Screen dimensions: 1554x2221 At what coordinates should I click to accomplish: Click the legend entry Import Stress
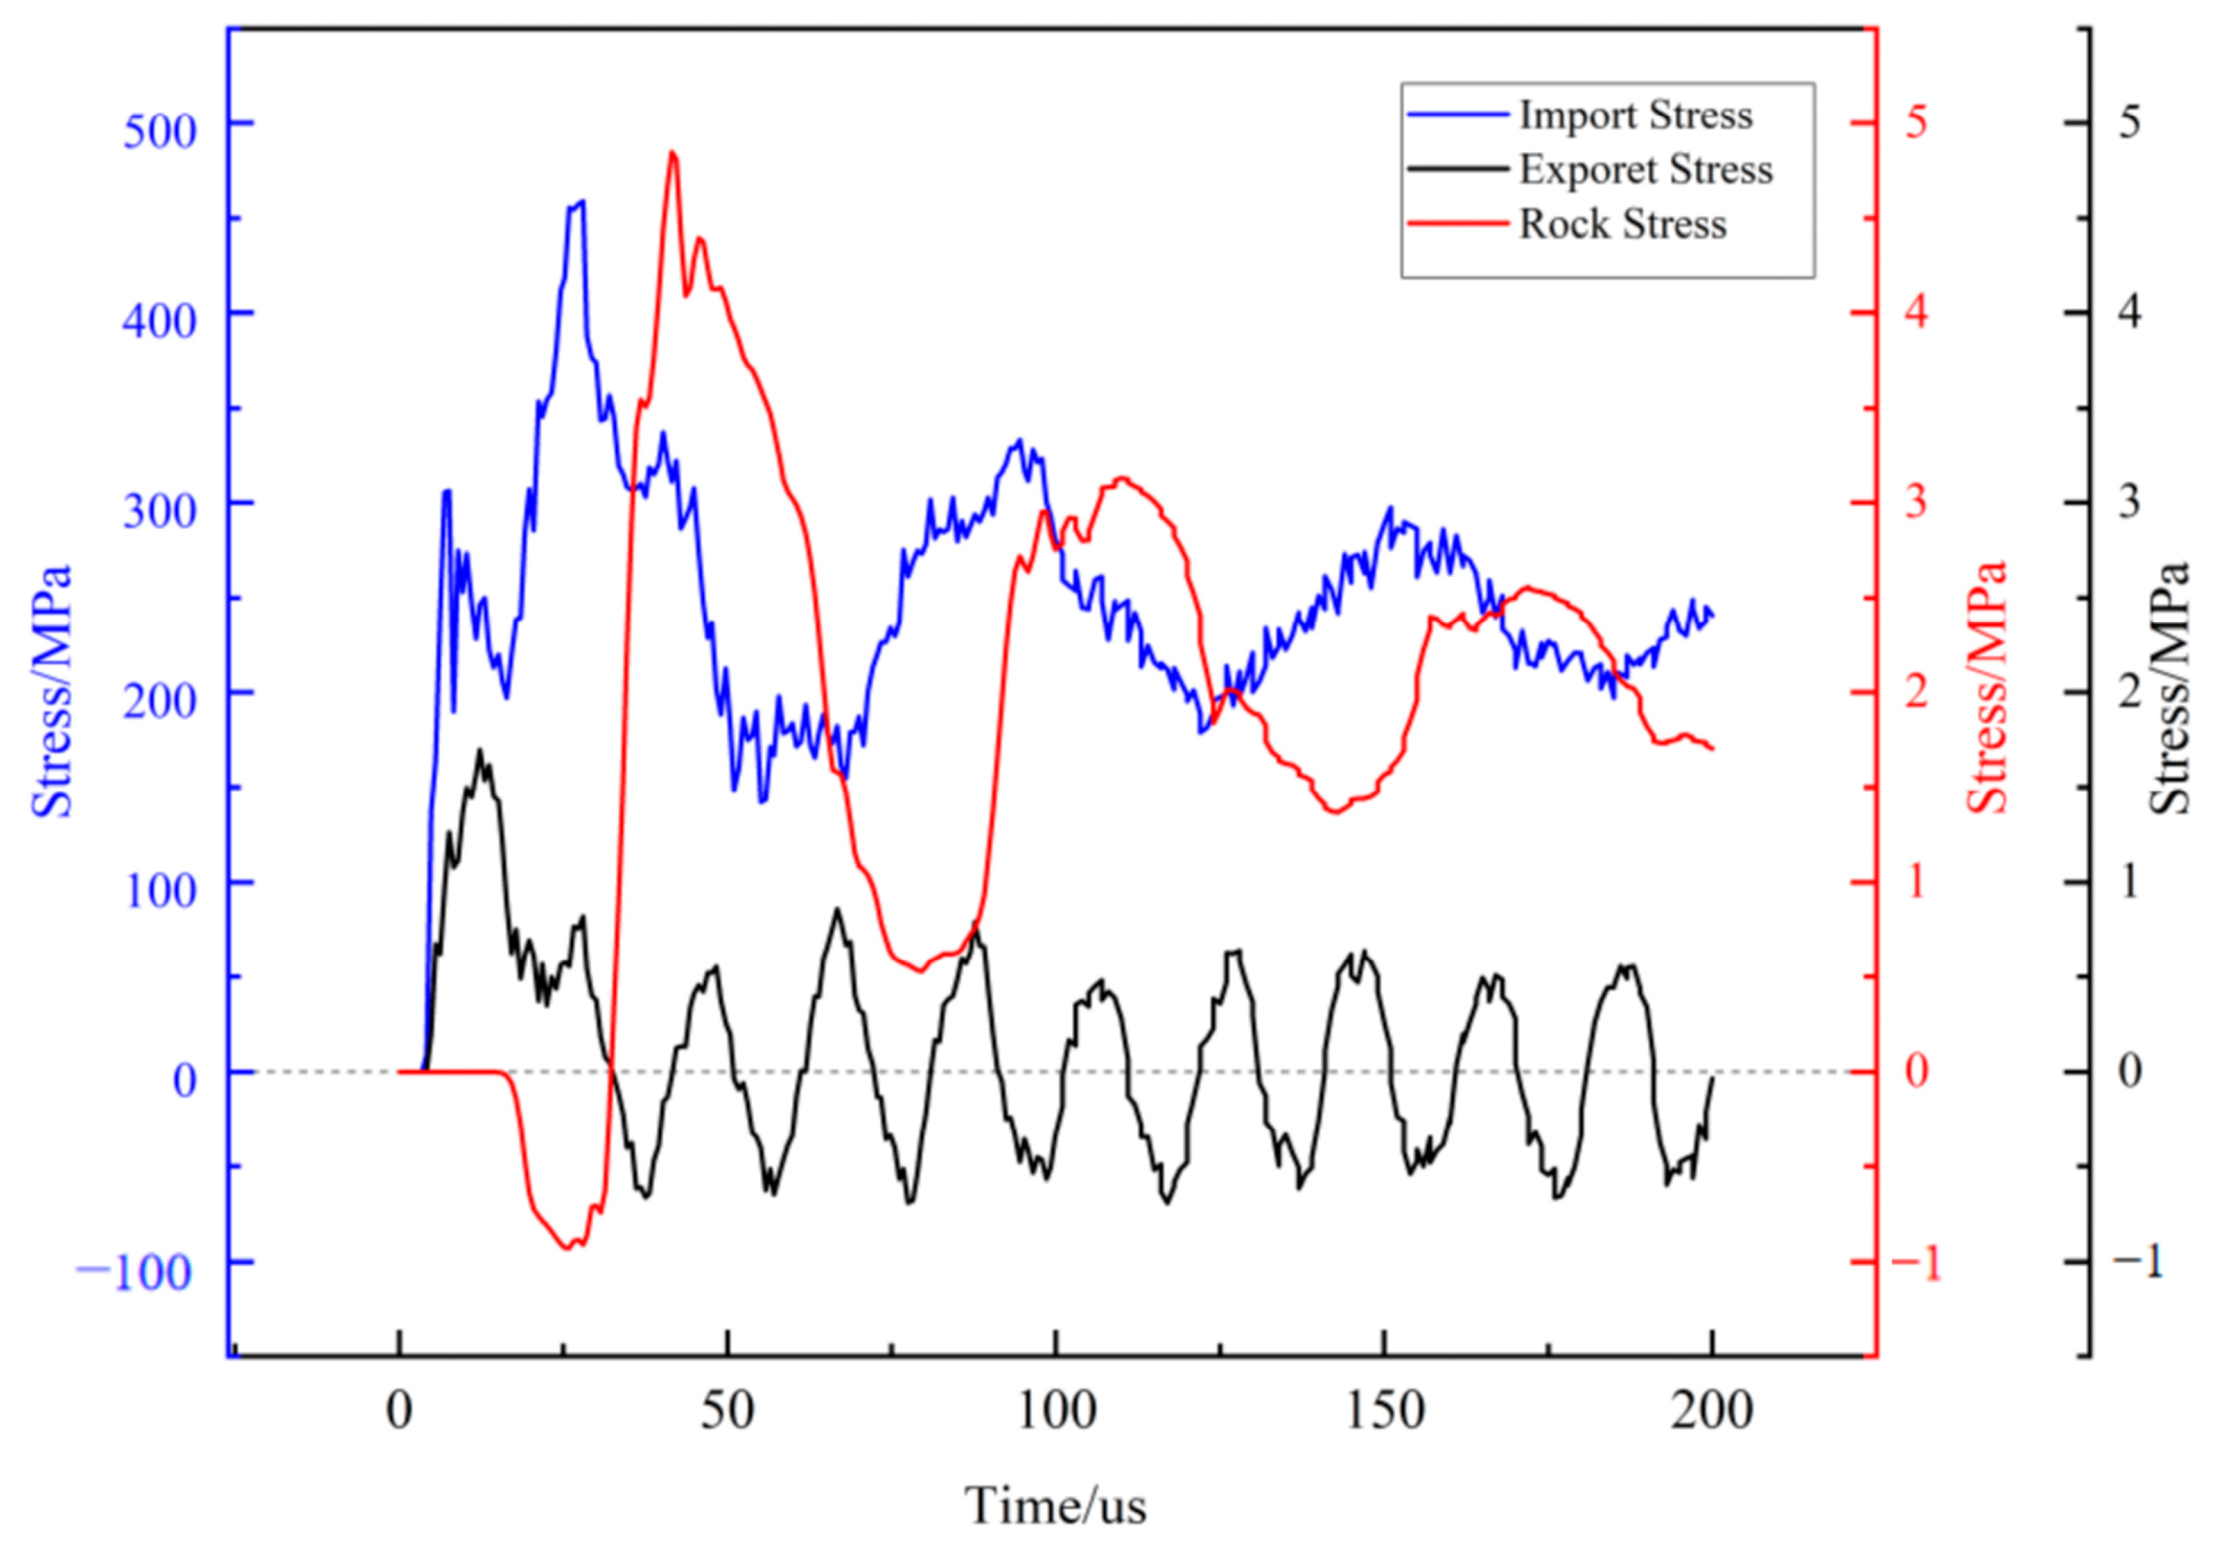(1635, 115)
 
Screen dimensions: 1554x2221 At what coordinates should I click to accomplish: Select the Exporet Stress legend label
(1645, 170)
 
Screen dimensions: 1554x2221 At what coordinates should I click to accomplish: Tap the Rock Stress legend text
(1622, 225)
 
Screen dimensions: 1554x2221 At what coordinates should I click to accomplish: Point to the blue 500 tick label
(160, 130)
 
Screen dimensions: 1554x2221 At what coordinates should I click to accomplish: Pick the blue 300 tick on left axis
(160, 510)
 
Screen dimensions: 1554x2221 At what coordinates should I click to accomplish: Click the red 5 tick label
(1916, 122)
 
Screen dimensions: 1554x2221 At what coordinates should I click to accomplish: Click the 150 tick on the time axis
(1384, 1411)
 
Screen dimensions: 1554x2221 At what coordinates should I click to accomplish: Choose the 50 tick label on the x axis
(728, 1411)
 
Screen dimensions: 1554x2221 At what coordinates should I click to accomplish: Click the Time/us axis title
(1055, 1505)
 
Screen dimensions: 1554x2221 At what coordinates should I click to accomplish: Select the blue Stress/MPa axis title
(53, 691)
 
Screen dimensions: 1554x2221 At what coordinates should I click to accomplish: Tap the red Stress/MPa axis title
(1989, 689)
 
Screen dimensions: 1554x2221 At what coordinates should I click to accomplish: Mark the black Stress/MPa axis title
(2168, 689)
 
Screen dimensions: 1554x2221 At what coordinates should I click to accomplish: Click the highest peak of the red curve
(672, 153)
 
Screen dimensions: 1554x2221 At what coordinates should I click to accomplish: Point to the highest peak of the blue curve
(582, 201)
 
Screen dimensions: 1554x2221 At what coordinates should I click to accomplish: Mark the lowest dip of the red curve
(569, 1248)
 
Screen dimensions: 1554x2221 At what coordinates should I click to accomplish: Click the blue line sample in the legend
(1458, 115)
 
